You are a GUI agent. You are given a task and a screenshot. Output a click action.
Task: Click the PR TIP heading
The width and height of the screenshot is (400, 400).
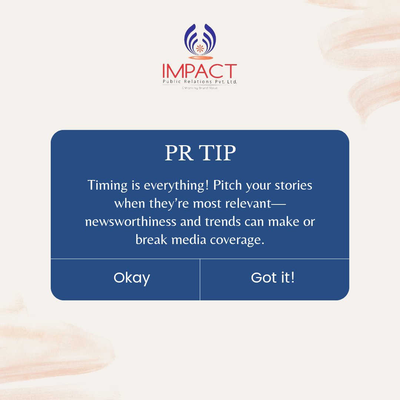click(200, 153)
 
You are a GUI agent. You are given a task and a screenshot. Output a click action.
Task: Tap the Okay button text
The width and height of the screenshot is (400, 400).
click(131, 278)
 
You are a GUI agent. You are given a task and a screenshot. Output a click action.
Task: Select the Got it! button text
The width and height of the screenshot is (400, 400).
click(273, 277)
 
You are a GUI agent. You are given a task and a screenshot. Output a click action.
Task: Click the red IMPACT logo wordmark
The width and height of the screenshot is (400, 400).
click(199, 71)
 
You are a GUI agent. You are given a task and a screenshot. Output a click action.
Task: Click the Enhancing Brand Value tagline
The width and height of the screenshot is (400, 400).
click(199, 88)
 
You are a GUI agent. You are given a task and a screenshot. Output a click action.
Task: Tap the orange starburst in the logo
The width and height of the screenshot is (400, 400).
click(200, 48)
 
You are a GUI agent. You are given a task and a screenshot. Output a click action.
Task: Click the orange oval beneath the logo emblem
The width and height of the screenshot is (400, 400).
click(200, 57)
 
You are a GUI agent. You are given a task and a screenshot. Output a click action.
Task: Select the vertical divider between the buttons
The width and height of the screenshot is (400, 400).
click(200, 279)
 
